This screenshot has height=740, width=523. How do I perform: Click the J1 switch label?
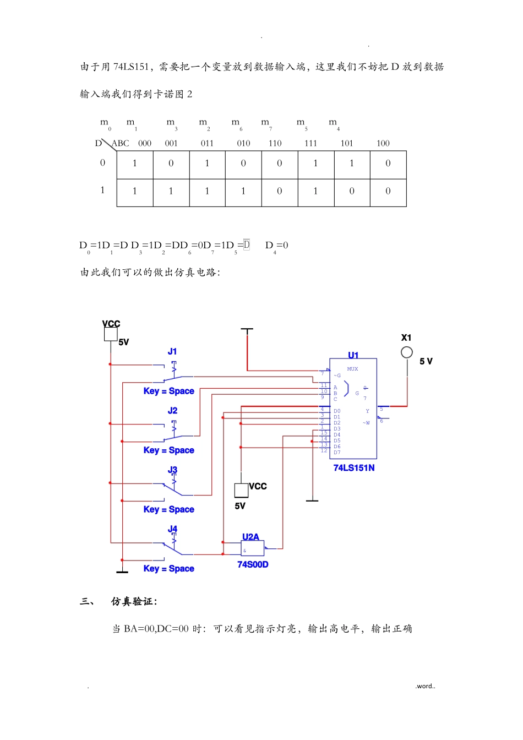tap(172, 351)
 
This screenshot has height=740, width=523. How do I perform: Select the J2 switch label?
tap(172, 411)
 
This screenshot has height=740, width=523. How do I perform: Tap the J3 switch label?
tap(172, 470)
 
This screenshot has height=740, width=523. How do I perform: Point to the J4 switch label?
tap(172, 529)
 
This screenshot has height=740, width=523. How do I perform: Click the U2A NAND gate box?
tap(253, 548)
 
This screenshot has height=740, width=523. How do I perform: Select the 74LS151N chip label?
tap(354, 468)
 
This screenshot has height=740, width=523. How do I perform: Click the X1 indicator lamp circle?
tap(407, 352)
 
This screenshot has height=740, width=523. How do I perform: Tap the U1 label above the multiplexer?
tap(353, 355)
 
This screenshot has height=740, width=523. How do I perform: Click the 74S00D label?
tap(253, 564)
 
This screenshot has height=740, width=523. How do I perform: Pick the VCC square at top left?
tap(111, 334)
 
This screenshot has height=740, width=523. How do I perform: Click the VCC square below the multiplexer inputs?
tap(241, 489)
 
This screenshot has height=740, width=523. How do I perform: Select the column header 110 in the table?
tap(275, 143)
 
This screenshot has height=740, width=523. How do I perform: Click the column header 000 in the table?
tap(145, 143)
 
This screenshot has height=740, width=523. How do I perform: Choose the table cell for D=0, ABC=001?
tap(171, 164)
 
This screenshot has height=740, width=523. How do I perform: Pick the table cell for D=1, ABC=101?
tap(352, 191)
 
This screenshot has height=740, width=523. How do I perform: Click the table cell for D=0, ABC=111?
tap(315, 164)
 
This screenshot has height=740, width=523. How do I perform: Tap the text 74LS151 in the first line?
tap(131, 67)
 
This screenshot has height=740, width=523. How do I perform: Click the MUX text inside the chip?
tap(352, 369)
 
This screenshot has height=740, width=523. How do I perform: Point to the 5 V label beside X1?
tap(426, 361)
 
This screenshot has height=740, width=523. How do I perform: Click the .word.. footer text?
tap(425, 686)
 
